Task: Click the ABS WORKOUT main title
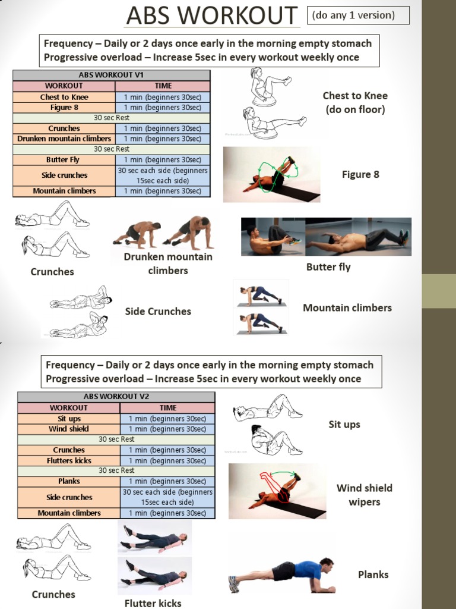[x=212, y=15]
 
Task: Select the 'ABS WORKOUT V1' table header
[x=112, y=75]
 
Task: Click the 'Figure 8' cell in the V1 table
[x=64, y=108]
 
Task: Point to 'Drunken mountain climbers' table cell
[x=64, y=139]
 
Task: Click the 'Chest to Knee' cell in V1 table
[x=64, y=97]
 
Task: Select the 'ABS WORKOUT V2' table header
[x=116, y=397]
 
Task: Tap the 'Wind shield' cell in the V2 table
[x=69, y=429]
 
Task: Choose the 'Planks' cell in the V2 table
[x=69, y=481]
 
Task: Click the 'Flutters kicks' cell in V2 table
[x=69, y=460]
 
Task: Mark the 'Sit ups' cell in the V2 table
[x=69, y=419]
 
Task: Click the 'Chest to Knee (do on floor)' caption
[x=355, y=102]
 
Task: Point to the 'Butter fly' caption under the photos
[x=328, y=267]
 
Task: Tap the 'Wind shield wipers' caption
[x=364, y=495]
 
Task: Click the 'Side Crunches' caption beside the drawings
[x=158, y=311]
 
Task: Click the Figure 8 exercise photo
[x=271, y=175]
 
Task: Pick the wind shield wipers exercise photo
[x=277, y=491]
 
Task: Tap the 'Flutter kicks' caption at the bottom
[x=153, y=603]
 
